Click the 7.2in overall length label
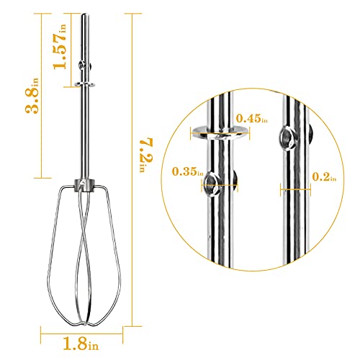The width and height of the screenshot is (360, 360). tap(146, 155)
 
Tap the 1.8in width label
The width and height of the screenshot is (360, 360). tap(81, 343)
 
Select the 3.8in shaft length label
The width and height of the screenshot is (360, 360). tap(32, 96)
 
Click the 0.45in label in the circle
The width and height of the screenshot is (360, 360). tap(251, 118)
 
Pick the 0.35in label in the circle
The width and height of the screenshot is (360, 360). tap(188, 171)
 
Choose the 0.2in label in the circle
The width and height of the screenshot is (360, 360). tap(324, 177)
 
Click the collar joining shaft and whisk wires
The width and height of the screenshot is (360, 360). tap(84, 186)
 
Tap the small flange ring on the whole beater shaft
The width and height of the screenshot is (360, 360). tap(84, 84)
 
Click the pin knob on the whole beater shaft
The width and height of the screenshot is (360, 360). tap(81, 65)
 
